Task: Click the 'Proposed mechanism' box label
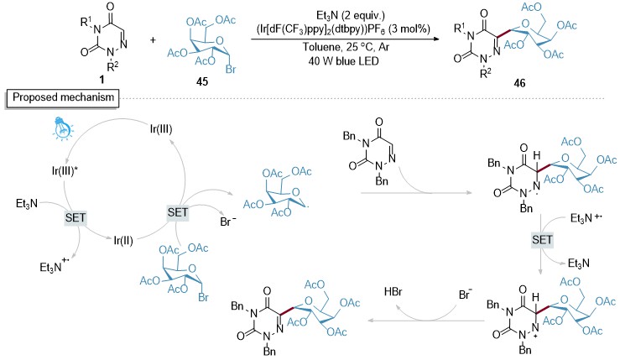pyautogui.click(x=62, y=97)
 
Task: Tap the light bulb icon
pyautogui.click(x=63, y=128)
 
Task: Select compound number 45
pyautogui.click(x=202, y=82)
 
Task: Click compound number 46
pyautogui.click(x=519, y=83)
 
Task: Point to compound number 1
pyautogui.click(x=102, y=80)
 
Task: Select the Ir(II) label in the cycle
pyautogui.click(x=123, y=241)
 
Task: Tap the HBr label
pyautogui.click(x=393, y=292)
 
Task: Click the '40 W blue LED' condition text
pyautogui.click(x=343, y=61)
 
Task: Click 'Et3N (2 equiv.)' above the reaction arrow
pyautogui.click(x=345, y=15)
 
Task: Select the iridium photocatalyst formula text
pyautogui.click(x=343, y=29)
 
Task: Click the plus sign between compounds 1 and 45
pyautogui.click(x=153, y=40)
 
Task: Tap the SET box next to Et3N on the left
pyautogui.click(x=76, y=218)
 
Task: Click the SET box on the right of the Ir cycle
pyautogui.click(x=178, y=212)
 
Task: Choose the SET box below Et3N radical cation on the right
pyautogui.click(x=542, y=240)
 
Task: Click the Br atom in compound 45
pyautogui.click(x=231, y=70)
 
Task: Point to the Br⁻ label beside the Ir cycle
pyautogui.click(x=227, y=222)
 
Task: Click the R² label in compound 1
pyautogui.click(x=112, y=65)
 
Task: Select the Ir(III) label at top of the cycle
pyautogui.click(x=161, y=129)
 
